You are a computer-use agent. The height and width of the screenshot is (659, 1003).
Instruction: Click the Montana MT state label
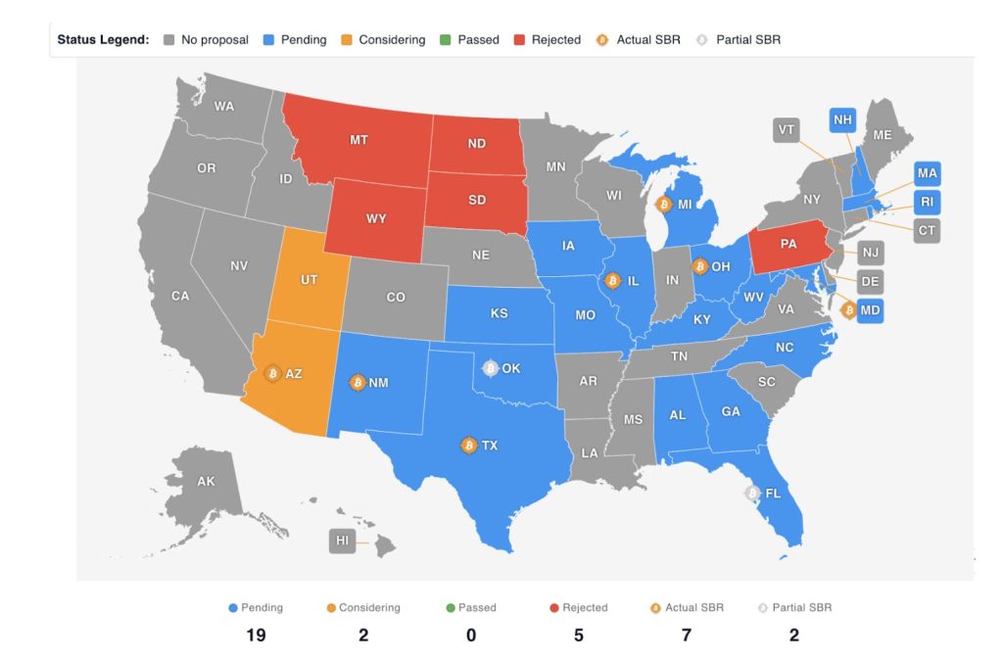coord(358,140)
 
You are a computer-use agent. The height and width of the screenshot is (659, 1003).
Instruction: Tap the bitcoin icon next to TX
coord(468,446)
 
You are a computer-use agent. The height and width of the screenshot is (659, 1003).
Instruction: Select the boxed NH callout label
coord(841,120)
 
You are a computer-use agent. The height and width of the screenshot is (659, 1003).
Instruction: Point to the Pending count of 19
coord(257,635)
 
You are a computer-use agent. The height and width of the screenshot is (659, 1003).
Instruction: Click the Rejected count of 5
coord(578,635)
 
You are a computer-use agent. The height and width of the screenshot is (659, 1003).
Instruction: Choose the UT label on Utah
coord(309,280)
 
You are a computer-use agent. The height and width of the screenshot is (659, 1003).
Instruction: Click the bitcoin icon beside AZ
coord(273,373)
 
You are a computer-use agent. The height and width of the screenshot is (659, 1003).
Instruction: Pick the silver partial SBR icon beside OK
coord(491,368)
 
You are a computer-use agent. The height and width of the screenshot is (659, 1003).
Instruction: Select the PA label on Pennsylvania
coord(788,245)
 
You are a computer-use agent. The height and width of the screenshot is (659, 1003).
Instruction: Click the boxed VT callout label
coord(786,130)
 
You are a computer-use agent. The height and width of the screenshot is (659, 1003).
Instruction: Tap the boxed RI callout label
coord(927,202)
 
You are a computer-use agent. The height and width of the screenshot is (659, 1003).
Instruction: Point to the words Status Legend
coord(103,40)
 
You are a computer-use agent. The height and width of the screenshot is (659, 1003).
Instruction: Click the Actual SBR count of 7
coord(686,635)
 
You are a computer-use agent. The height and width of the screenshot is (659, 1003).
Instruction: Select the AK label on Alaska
coord(206,482)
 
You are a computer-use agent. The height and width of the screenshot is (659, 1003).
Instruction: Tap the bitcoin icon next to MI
coord(663,205)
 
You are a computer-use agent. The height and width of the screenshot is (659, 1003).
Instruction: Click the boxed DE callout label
coord(869,282)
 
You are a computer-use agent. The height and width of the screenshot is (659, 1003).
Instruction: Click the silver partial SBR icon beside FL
coord(752,494)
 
